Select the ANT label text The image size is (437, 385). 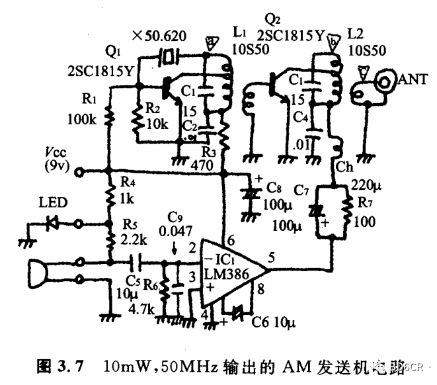pos(413,80)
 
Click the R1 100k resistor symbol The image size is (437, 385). pos(110,119)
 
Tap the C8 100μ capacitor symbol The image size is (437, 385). pos(250,194)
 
